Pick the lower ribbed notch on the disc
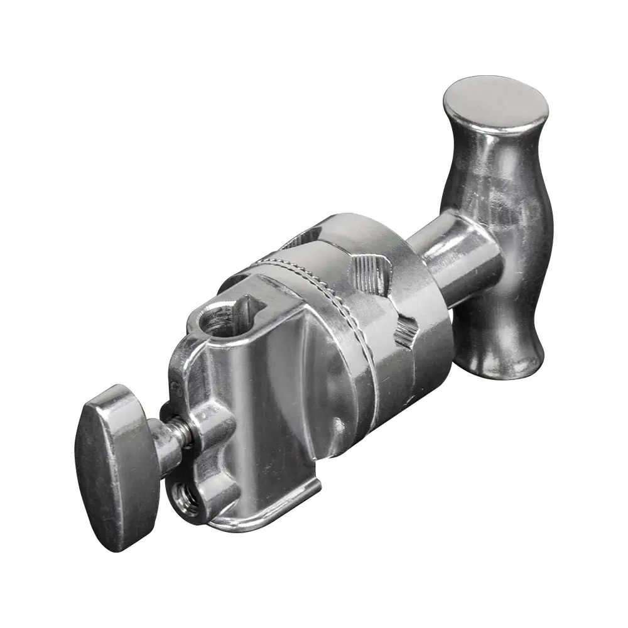[x=405, y=330]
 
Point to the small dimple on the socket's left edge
[x=178, y=390]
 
